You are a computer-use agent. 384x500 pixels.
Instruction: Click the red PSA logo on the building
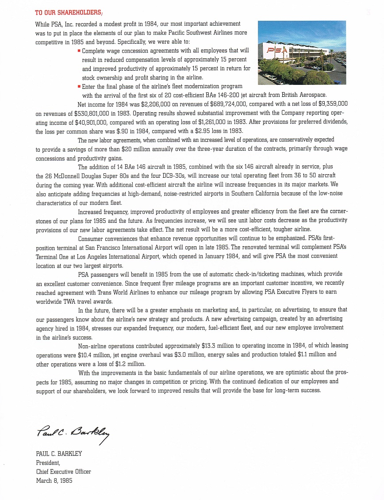[275, 50]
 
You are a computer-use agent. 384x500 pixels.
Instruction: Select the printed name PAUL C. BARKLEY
[59, 454]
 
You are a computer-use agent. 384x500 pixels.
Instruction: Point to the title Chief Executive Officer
[64, 472]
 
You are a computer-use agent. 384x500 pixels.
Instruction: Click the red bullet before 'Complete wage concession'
[79, 51]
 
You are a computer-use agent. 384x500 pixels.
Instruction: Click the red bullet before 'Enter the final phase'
[79, 87]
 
